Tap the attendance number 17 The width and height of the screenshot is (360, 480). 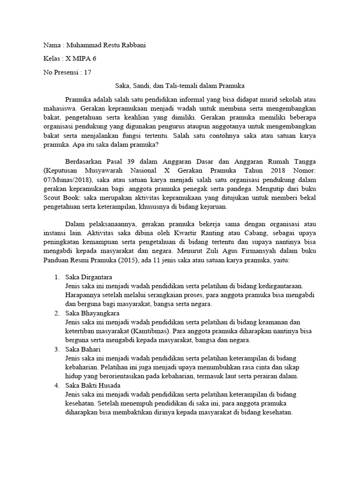(x=87, y=72)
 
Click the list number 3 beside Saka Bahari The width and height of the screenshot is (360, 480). (x=56, y=349)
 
